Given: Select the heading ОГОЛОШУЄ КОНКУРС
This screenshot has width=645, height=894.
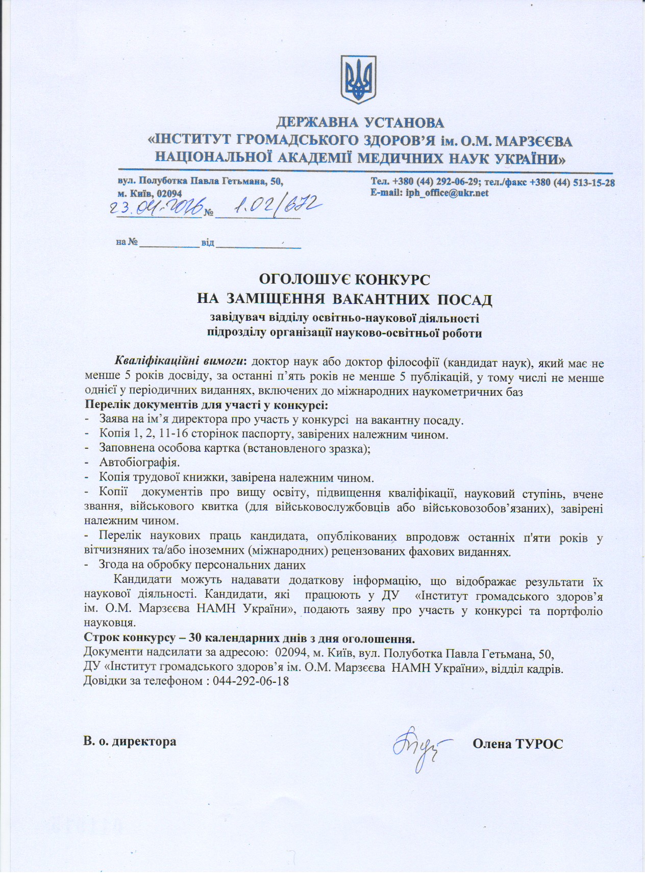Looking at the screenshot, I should coord(345,279).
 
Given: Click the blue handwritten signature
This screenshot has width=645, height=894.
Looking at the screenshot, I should coord(419,745).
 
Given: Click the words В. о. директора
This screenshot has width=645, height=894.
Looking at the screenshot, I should coord(130,741).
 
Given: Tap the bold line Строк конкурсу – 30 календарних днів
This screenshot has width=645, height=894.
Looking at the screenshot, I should coord(249,638).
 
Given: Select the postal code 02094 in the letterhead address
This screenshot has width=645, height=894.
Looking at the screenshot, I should coord(169,194).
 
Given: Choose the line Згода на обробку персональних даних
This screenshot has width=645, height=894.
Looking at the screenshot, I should coord(202,565).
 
